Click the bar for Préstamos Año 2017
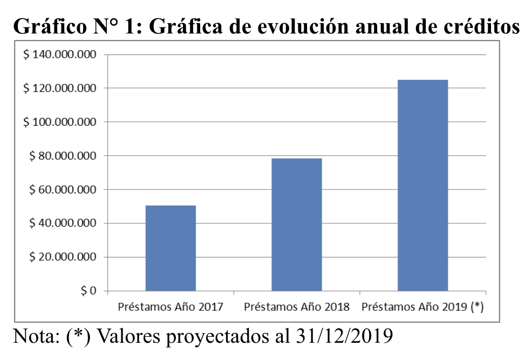pos(170,248)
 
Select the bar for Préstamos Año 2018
pos(297,225)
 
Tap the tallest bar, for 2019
pos(422,185)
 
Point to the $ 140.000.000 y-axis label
pos(59,55)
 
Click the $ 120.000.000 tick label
pos(59,89)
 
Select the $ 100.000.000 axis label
pos(59,123)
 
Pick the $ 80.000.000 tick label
pos(62,156)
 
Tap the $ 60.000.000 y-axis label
pos(62,190)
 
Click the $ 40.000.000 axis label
pos(62,223)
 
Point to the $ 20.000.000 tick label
pos(62,257)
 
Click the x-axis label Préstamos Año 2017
pos(170,307)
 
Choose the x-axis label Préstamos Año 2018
pos(297,307)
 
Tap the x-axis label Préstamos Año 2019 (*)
pos(422,307)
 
